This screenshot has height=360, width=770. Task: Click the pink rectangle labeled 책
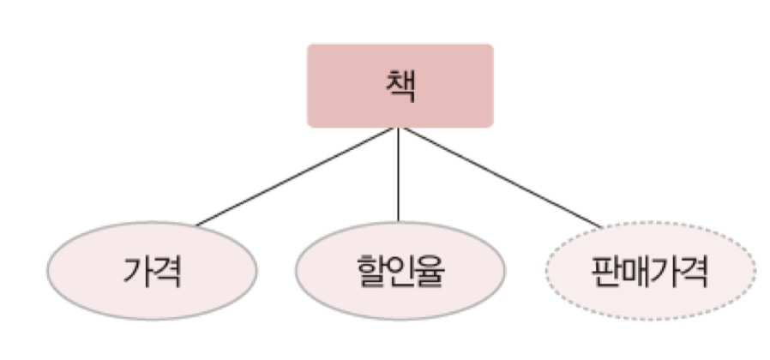pos(400,86)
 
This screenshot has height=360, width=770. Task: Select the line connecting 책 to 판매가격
pos(502,178)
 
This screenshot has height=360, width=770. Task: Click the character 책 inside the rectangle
pos(400,87)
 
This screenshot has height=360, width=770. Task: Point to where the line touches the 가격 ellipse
pos(197,225)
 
